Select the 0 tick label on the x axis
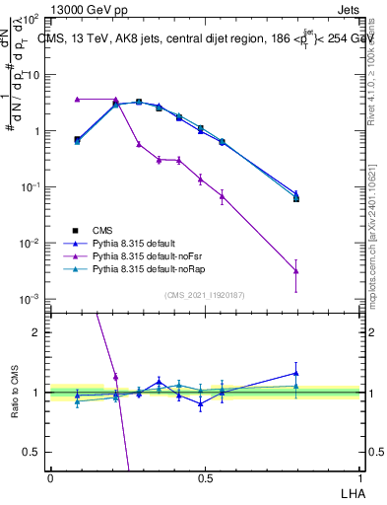[x=50, y=477]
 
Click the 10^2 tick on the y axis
[x=32, y=20]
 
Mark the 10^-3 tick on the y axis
[x=32, y=299]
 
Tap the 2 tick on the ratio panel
[x=37, y=332]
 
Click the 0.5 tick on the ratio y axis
[x=34, y=453]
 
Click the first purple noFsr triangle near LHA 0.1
[x=77, y=99]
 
